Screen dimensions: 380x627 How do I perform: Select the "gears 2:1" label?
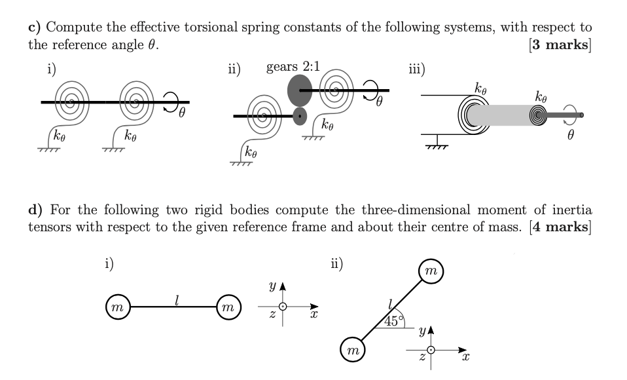293,67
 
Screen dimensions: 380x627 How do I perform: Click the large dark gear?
300,90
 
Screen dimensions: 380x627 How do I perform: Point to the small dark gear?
300,117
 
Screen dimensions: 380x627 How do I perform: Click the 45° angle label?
395,320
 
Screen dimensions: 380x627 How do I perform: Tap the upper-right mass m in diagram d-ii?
431,271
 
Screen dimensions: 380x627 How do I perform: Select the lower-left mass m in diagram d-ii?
353,351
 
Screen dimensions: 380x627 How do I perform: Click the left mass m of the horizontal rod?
116,307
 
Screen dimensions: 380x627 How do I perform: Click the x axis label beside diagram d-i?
314,316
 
